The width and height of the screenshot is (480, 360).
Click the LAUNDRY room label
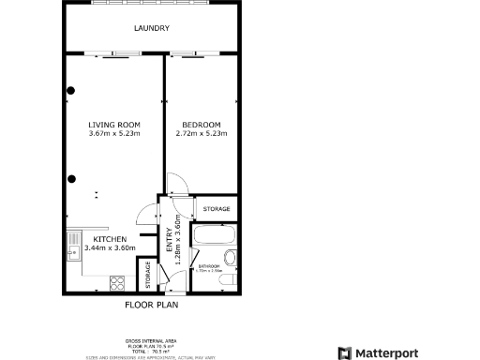pos(152,28)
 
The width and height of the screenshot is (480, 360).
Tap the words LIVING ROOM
pos(114,125)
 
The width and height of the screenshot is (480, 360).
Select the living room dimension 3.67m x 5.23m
pos(114,134)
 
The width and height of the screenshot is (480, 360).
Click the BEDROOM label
pos(202,125)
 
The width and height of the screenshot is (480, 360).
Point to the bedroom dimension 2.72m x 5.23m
pos(202,134)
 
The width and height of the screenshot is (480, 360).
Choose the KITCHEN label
pos(110,239)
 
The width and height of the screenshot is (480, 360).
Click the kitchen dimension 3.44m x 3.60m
pos(110,248)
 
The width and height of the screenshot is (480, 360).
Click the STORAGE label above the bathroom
pos(217,208)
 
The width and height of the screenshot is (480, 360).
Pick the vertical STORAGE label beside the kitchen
pos(148,276)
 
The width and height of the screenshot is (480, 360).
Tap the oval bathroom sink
pos(230,260)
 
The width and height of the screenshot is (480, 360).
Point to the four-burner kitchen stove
pos(119,282)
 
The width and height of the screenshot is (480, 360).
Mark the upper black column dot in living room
pos(71,91)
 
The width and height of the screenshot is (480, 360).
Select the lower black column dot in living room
pos(71,179)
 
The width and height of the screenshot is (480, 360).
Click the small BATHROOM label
pos(209,267)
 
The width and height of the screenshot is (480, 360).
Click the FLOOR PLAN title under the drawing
pos(152,305)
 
